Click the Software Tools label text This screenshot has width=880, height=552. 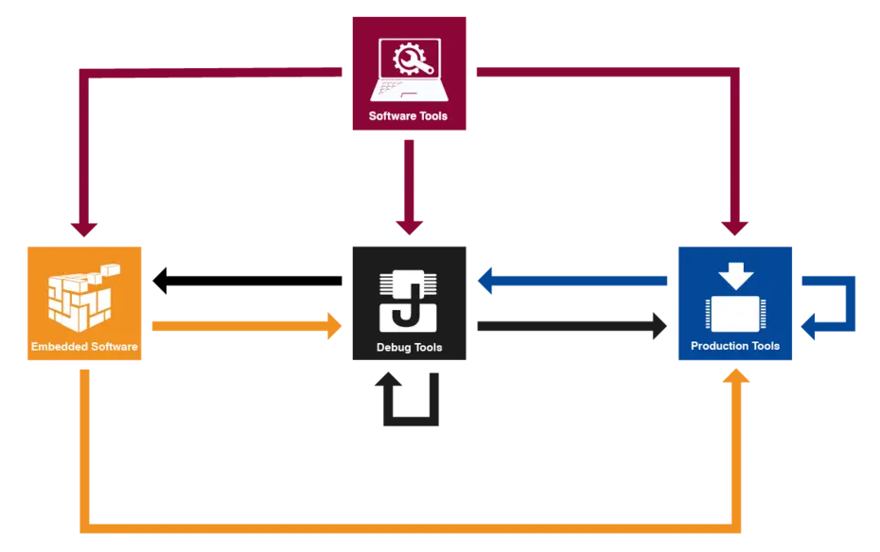(x=408, y=116)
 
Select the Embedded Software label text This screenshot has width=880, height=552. (x=84, y=347)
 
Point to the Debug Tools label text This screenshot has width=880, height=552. (x=409, y=347)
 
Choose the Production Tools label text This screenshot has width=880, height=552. (x=735, y=346)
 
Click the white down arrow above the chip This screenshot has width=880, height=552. (x=735, y=275)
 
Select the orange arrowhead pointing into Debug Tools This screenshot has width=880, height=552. (x=335, y=325)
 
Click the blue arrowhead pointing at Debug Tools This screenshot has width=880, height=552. (x=488, y=280)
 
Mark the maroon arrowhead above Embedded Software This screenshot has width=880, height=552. (x=83, y=228)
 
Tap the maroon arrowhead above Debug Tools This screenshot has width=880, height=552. (x=409, y=228)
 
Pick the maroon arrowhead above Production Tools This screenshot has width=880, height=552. (x=734, y=228)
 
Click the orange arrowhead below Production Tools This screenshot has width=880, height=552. (x=735, y=377)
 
